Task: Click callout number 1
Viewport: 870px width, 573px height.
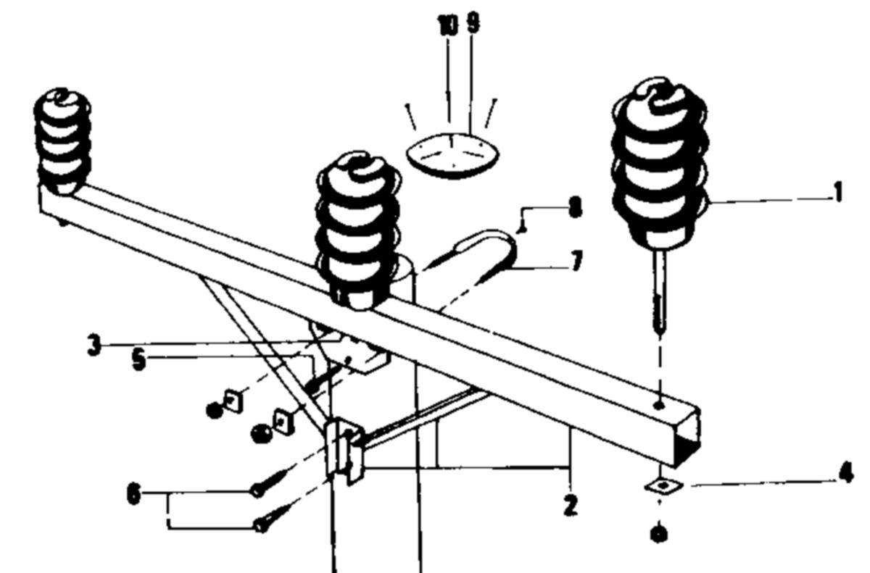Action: click(x=838, y=193)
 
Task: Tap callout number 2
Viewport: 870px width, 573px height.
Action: click(x=570, y=505)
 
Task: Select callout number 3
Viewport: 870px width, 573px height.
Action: click(x=94, y=346)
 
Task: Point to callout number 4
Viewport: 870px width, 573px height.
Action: click(x=847, y=473)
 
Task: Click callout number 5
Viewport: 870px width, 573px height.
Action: click(x=138, y=361)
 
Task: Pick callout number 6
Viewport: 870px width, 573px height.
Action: click(x=133, y=495)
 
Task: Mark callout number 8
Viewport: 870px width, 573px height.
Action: click(x=576, y=207)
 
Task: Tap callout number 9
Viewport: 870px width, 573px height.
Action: click(x=473, y=23)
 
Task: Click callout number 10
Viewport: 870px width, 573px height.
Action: click(x=448, y=25)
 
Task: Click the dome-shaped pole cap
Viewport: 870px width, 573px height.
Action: click(x=453, y=155)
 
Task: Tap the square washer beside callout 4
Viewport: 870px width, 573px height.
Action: click(x=663, y=485)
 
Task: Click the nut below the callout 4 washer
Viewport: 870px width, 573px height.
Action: click(x=659, y=535)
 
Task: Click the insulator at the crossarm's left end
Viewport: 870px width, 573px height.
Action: click(x=62, y=141)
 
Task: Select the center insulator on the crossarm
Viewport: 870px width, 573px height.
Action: click(x=358, y=231)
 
